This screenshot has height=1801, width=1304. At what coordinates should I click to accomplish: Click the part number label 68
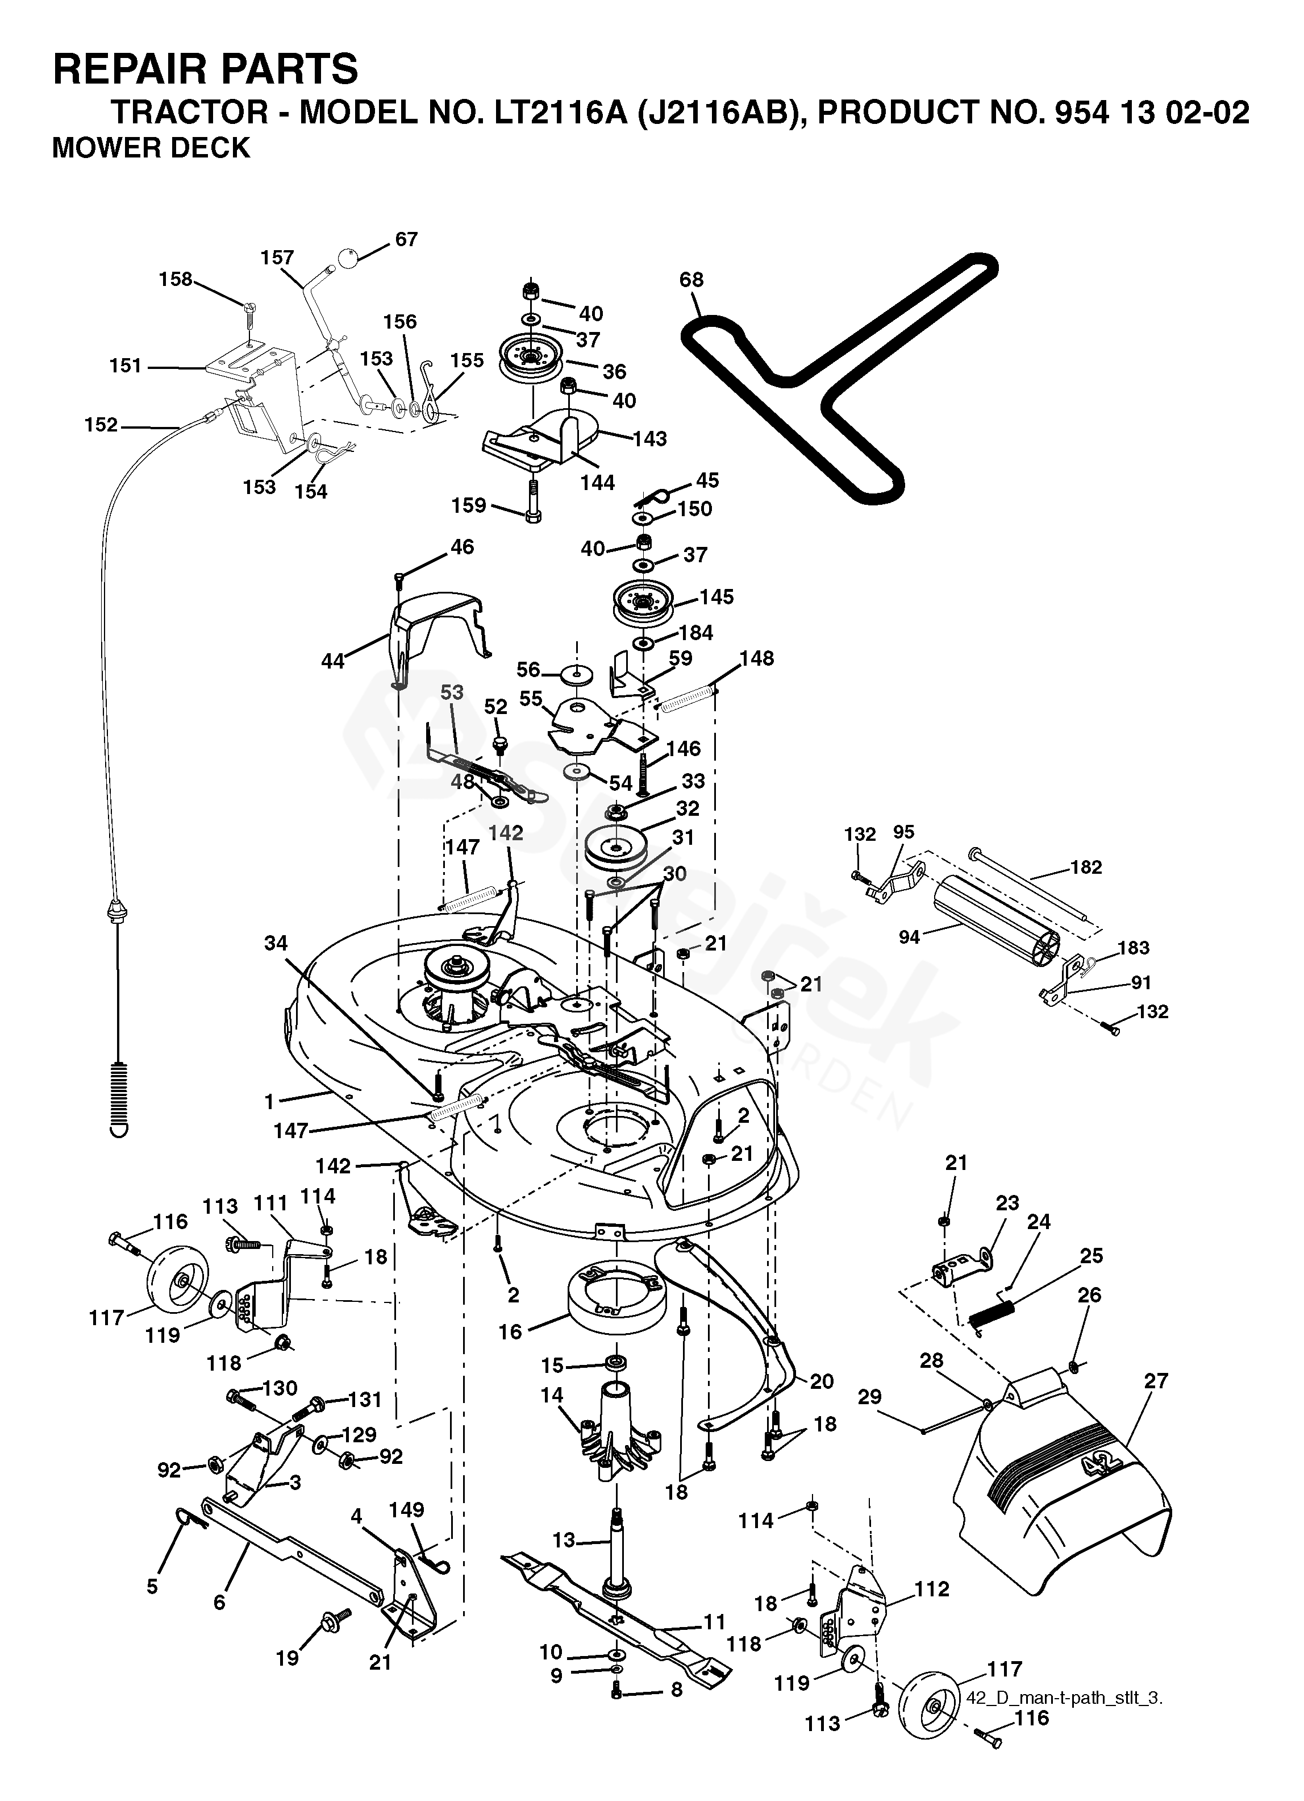coord(691,280)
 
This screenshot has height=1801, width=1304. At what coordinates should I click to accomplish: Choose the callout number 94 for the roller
coord(910,937)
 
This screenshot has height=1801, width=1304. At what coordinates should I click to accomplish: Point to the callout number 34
coord(276,943)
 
